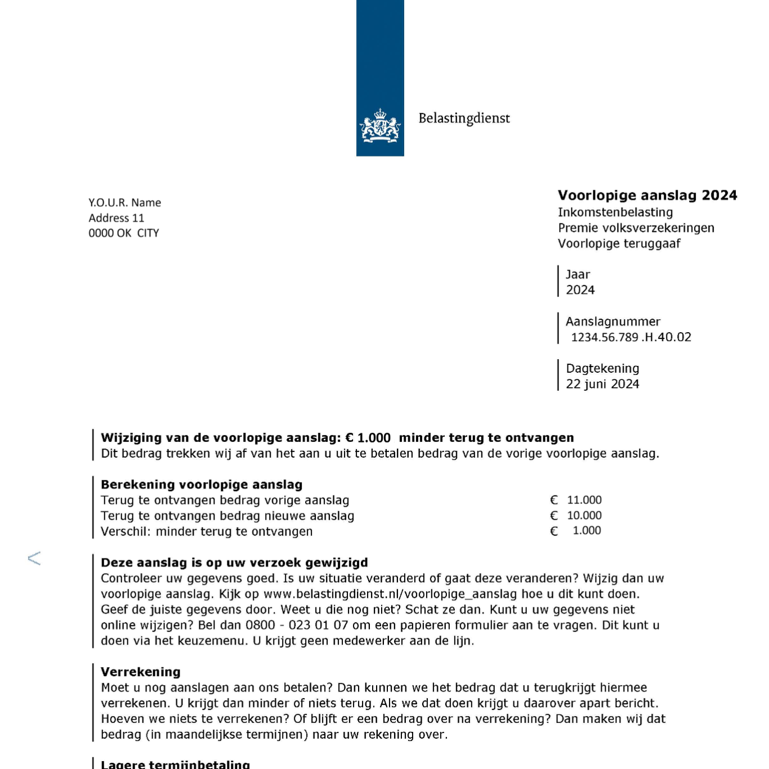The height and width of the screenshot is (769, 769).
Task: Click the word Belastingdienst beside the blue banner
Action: click(x=464, y=118)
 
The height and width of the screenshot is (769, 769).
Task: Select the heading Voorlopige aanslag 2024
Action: click(x=647, y=195)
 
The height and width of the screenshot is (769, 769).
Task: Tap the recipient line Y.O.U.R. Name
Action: click(x=124, y=203)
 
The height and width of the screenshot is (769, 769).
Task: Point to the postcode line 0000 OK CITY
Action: click(x=123, y=233)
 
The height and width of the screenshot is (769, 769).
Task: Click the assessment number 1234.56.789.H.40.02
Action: click(x=631, y=337)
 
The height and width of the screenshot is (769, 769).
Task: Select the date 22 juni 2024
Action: click(x=602, y=384)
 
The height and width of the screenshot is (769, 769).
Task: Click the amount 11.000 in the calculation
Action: click(x=584, y=500)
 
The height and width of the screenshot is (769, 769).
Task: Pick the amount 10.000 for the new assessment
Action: click(x=584, y=515)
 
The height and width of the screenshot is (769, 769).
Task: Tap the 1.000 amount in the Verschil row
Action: click(x=587, y=530)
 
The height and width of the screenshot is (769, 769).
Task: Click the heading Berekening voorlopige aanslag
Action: click(x=202, y=485)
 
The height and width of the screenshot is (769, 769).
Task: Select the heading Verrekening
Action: click(x=141, y=672)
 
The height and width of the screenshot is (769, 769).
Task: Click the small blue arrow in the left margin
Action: click(x=34, y=558)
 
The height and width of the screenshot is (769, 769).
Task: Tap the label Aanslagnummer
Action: click(x=612, y=321)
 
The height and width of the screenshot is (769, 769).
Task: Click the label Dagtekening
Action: click(x=602, y=368)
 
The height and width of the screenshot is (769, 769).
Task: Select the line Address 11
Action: click(x=116, y=218)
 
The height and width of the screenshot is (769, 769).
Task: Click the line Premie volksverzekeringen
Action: click(x=636, y=228)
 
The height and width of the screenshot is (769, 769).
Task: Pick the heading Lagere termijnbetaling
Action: click(x=175, y=764)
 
